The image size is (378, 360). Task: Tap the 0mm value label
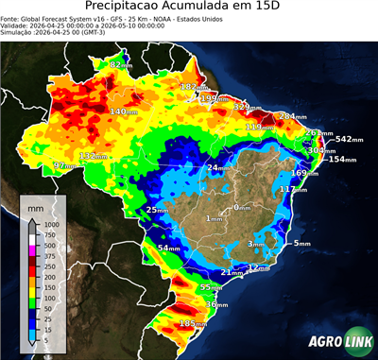(242, 207)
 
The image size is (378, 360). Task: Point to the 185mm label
(193, 324)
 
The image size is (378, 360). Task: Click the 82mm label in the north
(121, 64)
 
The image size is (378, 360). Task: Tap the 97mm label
(65, 165)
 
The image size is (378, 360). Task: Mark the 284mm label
(292, 116)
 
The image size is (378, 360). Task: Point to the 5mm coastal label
(301, 244)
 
